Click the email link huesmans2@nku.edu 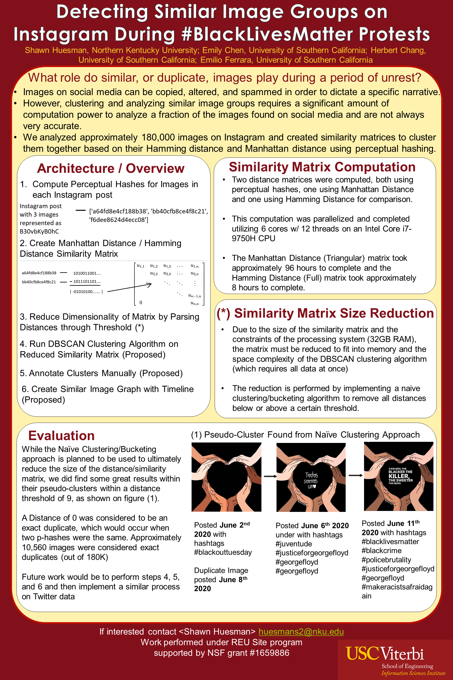(301, 632)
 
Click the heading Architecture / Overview (111, 168)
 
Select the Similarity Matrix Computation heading (322, 167)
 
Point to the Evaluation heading (61, 436)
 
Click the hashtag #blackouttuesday (223, 552)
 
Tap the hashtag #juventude (294, 544)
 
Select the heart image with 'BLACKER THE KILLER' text (398, 476)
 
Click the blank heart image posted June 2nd (226, 477)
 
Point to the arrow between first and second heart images (270, 476)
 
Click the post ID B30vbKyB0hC (39, 232)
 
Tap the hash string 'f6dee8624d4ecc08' (118, 220)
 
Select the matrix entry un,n (194, 303)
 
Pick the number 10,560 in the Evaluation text (35, 547)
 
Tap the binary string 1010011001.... (87, 273)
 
